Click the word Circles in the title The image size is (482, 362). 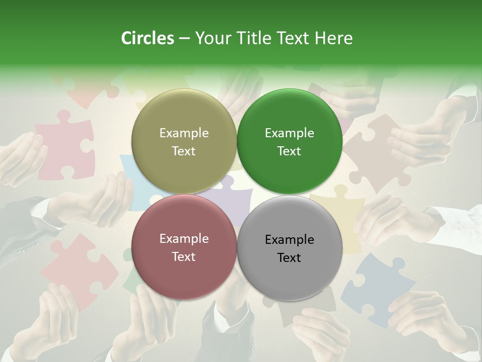pyautogui.click(x=147, y=38)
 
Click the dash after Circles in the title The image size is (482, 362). pyautogui.click(x=184, y=39)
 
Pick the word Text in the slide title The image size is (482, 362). pyautogui.click(x=294, y=38)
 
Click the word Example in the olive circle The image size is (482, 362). pyautogui.click(x=184, y=133)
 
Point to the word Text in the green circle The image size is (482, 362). pyautogui.click(x=289, y=151)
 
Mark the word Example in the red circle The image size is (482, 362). pyautogui.click(x=184, y=239)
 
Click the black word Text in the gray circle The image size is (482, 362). pyautogui.click(x=289, y=258)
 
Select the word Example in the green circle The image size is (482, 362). pyautogui.click(x=289, y=133)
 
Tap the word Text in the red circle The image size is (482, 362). pyautogui.click(x=184, y=257)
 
